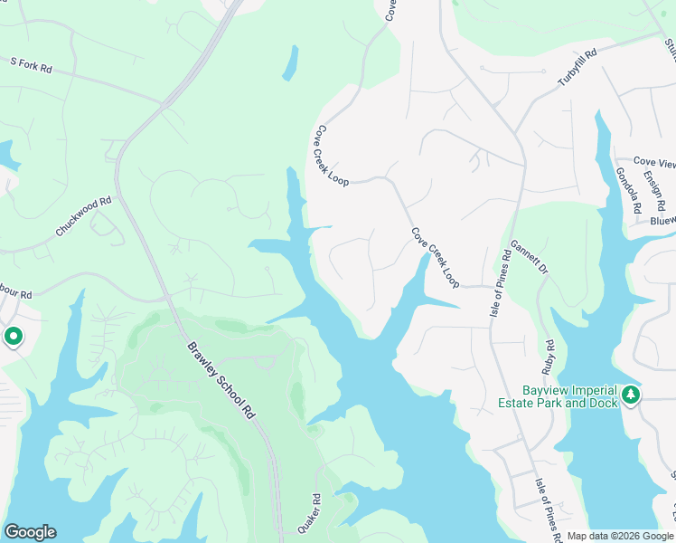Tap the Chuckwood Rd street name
(x=83, y=216)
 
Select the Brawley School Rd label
(x=221, y=381)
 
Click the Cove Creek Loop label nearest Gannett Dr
(x=436, y=258)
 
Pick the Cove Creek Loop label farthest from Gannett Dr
(x=331, y=155)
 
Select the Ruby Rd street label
(x=548, y=357)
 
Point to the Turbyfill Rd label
(x=577, y=68)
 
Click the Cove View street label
(x=654, y=163)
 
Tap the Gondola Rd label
(x=628, y=190)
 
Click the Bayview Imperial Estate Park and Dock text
(x=558, y=395)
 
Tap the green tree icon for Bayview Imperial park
(x=630, y=395)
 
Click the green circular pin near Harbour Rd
(x=14, y=338)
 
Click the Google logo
(x=30, y=532)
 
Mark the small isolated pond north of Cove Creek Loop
(x=290, y=62)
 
